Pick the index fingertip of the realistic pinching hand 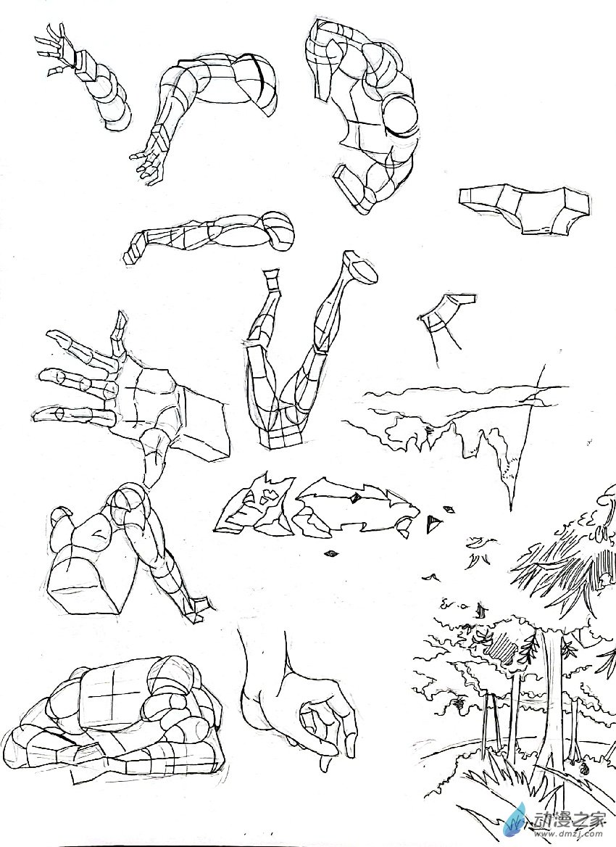point(325,764)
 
